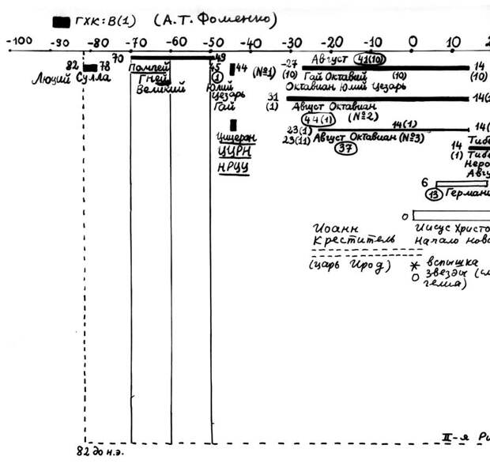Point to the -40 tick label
pos(251,41)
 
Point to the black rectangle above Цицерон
pos(233,125)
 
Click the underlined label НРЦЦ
pos(233,167)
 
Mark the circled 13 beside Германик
pos(433,195)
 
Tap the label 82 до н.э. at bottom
pos(100,452)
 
